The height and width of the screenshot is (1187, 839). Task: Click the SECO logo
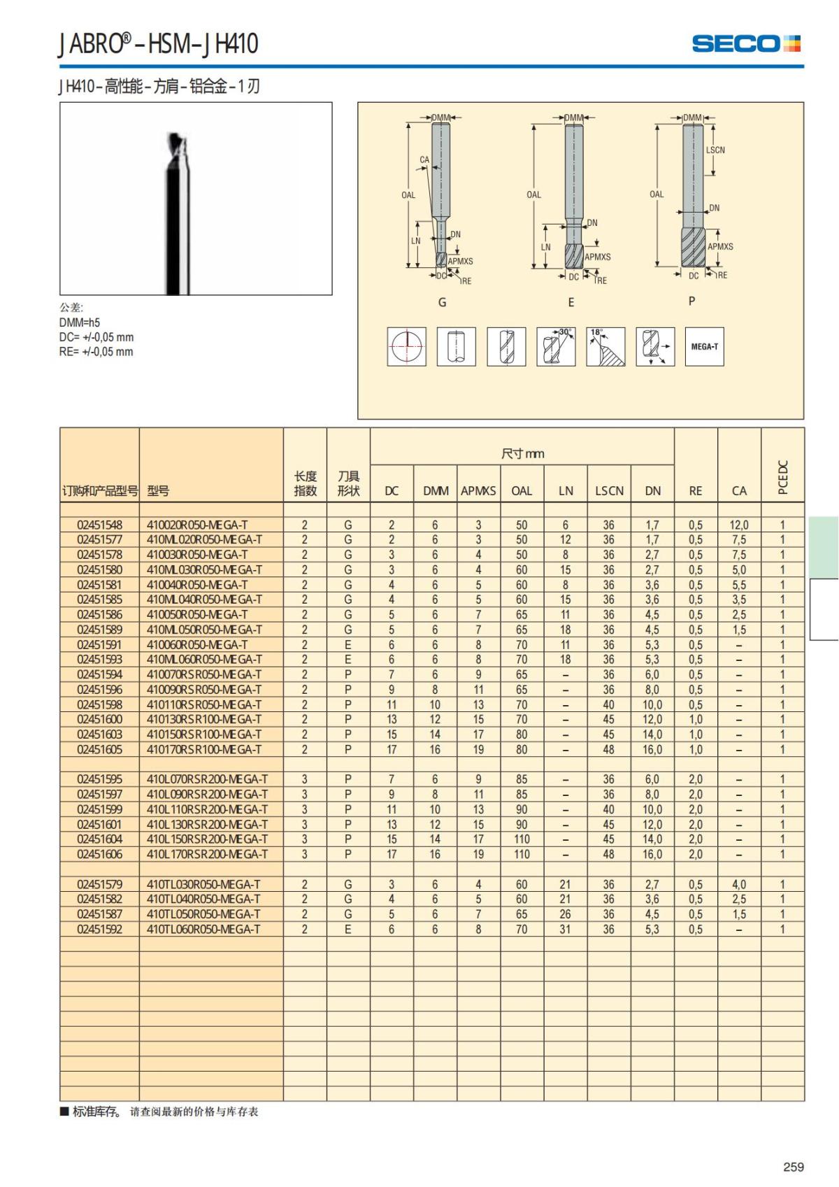(x=745, y=43)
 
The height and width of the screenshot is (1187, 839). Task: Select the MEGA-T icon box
(x=704, y=346)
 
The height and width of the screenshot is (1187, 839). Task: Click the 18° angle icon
(x=605, y=346)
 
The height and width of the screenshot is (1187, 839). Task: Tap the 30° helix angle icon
(x=556, y=346)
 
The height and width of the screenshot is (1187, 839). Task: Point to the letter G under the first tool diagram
(x=442, y=302)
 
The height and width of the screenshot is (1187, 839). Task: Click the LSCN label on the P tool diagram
(x=715, y=150)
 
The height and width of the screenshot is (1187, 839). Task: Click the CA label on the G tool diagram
(x=424, y=159)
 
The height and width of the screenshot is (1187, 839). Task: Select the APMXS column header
(x=478, y=491)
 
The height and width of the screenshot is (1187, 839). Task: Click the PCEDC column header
(x=782, y=477)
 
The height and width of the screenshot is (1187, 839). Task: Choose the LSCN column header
(x=609, y=491)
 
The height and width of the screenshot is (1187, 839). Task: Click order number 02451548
(x=99, y=525)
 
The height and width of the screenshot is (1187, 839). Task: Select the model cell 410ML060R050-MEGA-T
(x=204, y=660)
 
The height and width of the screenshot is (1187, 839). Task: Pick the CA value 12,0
(x=738, y=525)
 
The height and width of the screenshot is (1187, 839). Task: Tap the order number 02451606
(x=99, y=854)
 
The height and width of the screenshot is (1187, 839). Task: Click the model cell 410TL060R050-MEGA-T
(x=203, y=930)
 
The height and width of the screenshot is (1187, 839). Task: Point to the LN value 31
(x=565, y=930)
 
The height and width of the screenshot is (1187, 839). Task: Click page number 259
(x=793, y=1167)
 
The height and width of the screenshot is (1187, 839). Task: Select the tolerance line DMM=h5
(x=80, y=322)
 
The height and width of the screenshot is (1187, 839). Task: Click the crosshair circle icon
(x=406, y=346)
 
